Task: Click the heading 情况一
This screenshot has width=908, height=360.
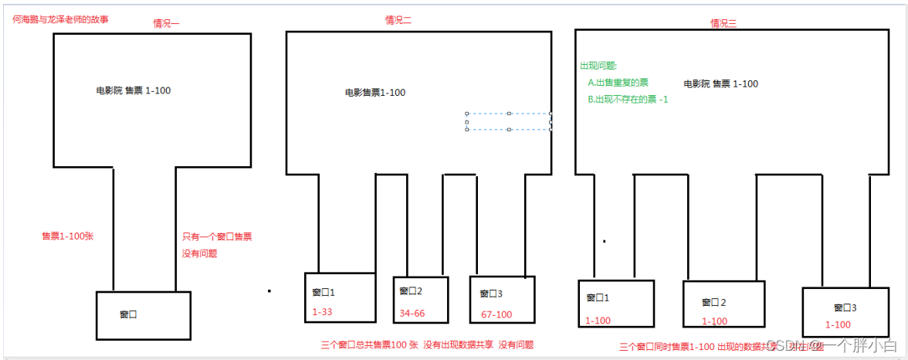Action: [166, 23]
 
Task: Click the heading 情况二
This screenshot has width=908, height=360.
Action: [398, 20]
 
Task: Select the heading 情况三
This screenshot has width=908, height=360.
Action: [723, 23]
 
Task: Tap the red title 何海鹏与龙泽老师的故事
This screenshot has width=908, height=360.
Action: [61, 18]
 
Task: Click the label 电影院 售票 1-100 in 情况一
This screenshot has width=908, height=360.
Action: [134, 90]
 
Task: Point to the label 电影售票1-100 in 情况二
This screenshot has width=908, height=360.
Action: [375, 93]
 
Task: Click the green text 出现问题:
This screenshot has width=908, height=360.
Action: [598, 66]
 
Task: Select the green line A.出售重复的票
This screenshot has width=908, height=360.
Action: [618, 83]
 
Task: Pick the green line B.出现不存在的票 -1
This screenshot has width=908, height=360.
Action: [628, 100]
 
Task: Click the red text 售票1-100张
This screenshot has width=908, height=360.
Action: [67, 236]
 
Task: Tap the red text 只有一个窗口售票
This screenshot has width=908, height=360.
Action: [216, 237]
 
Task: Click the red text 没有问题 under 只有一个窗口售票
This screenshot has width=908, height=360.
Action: [199, 253]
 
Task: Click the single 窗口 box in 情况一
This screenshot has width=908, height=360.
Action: [143, 314]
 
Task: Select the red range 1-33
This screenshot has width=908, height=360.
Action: [324, 312]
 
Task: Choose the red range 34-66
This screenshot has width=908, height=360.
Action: [412, 313]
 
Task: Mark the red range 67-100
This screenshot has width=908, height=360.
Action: [497, 314]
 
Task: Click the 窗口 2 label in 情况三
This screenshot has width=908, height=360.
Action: [714, 302]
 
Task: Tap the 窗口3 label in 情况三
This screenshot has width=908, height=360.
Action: [845, 307]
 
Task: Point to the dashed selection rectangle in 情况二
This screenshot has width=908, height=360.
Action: [508, 122]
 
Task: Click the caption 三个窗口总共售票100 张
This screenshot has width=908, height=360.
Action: [369, 345]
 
